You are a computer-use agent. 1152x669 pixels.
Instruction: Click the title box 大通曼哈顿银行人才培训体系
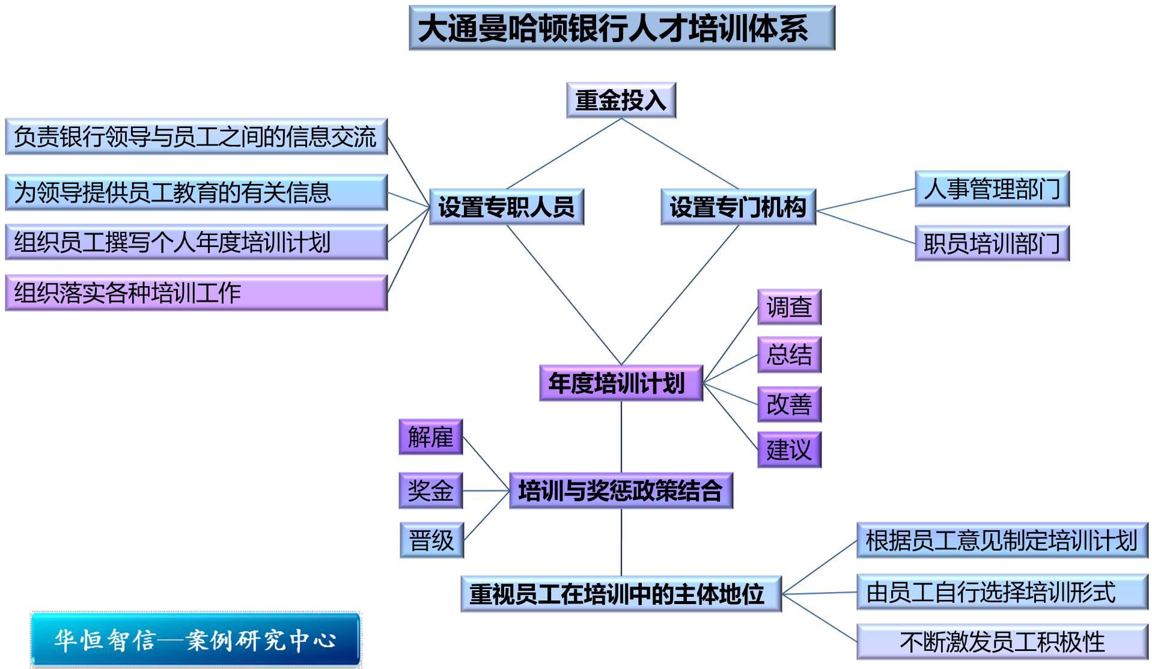[621, 28]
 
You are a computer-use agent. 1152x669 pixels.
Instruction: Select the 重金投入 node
[621, 100]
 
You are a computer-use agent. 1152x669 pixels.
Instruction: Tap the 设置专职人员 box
[506, 207]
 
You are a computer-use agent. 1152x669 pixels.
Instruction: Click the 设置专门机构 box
[738, 207]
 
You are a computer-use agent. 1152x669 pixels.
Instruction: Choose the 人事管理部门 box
[992, 189]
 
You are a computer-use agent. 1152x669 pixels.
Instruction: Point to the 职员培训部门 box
[992, 243]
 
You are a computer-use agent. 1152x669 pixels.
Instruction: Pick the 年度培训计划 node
[621, 383]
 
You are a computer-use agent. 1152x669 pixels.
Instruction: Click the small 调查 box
[789, 307]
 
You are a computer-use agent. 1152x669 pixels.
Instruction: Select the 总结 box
[789, 355]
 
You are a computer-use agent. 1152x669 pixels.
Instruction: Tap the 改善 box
[789, 404]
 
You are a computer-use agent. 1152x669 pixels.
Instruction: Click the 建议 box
[789, 450]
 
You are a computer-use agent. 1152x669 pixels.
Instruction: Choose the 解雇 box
[430, 437]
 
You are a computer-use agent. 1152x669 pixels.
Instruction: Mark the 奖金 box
[430, 490]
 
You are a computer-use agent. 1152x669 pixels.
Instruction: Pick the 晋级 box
[431, 540]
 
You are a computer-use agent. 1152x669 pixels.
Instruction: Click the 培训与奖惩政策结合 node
[621, 491]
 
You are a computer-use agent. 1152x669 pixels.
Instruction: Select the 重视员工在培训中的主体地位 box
[621, 594]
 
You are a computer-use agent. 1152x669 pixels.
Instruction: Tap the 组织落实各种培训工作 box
[196, 293]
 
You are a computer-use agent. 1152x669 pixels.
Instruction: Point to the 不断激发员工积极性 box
[1002, 642]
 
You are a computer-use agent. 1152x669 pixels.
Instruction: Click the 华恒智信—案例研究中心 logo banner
[195, 640]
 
